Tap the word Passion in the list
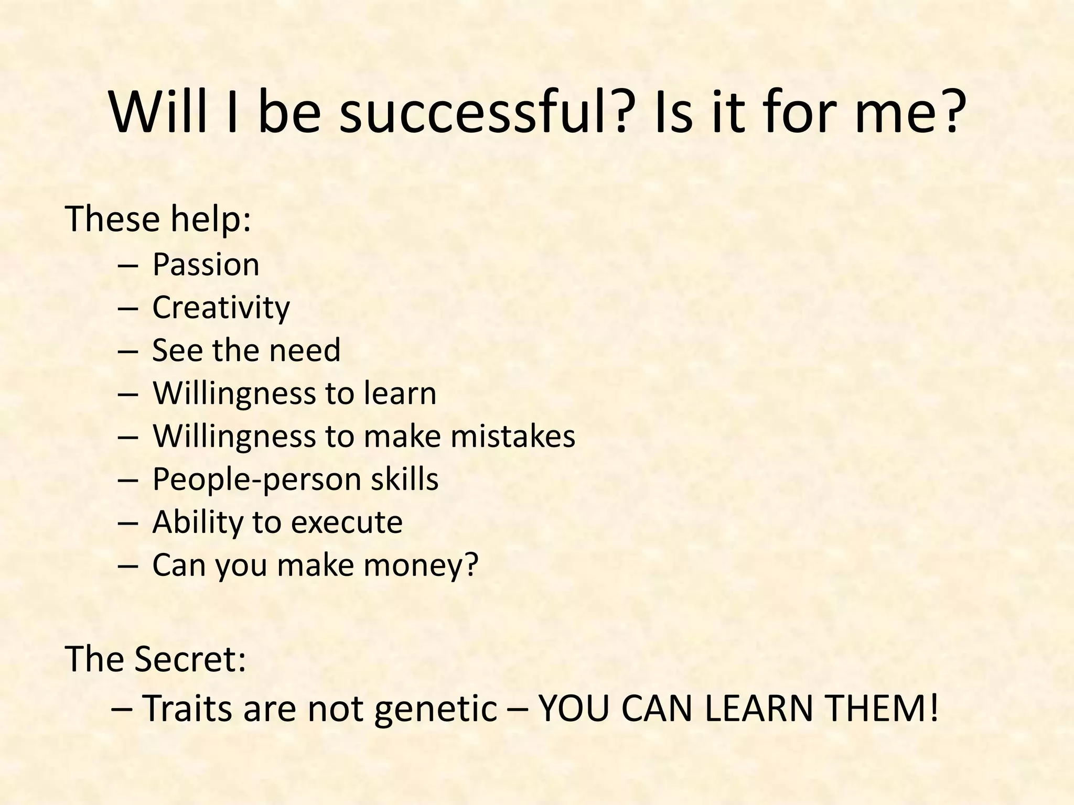[x=206, y=265]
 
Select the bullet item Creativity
[x=221, y=308]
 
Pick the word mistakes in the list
[x=513, y=436]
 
